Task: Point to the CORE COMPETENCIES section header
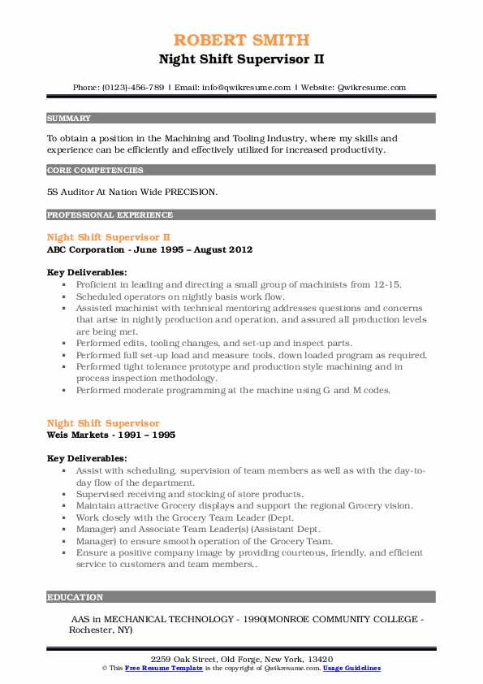click(x=95, y=171)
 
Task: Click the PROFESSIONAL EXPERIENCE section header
click(x=110, y=215)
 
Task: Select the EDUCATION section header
click(x=75, y=597)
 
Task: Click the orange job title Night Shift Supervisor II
click(x=109, y=236)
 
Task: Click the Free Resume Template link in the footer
click(x=161, y=668)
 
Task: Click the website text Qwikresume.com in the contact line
click(x=371, y=87)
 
